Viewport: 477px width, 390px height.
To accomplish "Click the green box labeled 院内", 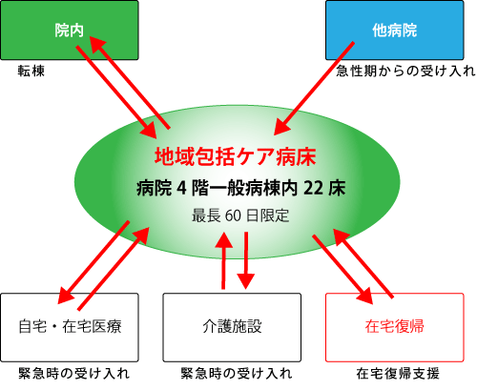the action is tap(70, 31).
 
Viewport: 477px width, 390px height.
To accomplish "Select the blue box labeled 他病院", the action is tap(395, 31).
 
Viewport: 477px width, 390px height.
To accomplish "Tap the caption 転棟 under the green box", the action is tap(31, 71).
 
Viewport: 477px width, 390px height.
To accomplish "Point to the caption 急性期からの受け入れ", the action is tap(405, 71).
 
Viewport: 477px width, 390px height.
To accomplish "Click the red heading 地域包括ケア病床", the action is tap(236, 156).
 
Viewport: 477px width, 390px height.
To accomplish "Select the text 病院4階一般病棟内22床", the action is tap(240, 188).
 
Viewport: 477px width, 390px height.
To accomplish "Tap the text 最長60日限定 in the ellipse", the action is tap(240, 216).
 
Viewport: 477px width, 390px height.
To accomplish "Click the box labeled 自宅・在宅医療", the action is tap(70, 327).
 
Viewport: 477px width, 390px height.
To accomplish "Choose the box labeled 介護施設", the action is tap(232, 327).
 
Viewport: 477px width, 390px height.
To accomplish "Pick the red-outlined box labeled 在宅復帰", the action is tap(395, 327).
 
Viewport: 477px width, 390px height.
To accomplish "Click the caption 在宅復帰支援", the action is tap(398, 374).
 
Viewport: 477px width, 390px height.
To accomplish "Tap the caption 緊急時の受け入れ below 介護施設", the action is tap(237, 374).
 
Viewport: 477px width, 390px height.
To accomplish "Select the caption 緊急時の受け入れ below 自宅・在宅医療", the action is tap(73, 374).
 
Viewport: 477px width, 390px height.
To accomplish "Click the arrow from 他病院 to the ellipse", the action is tap(314, 89).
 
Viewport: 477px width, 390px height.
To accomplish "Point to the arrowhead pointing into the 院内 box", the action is tap(97, 44).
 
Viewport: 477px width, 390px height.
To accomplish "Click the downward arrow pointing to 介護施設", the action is tap(246, 260).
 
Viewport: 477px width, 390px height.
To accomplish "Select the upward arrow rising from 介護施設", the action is tap(223, 260).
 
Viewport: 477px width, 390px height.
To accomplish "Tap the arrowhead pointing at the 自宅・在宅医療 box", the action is tap(66, 295).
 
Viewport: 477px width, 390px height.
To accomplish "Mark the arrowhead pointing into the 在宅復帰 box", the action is tap(364, 296).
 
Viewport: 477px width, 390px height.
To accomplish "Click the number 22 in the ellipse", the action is tap(314, 188).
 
